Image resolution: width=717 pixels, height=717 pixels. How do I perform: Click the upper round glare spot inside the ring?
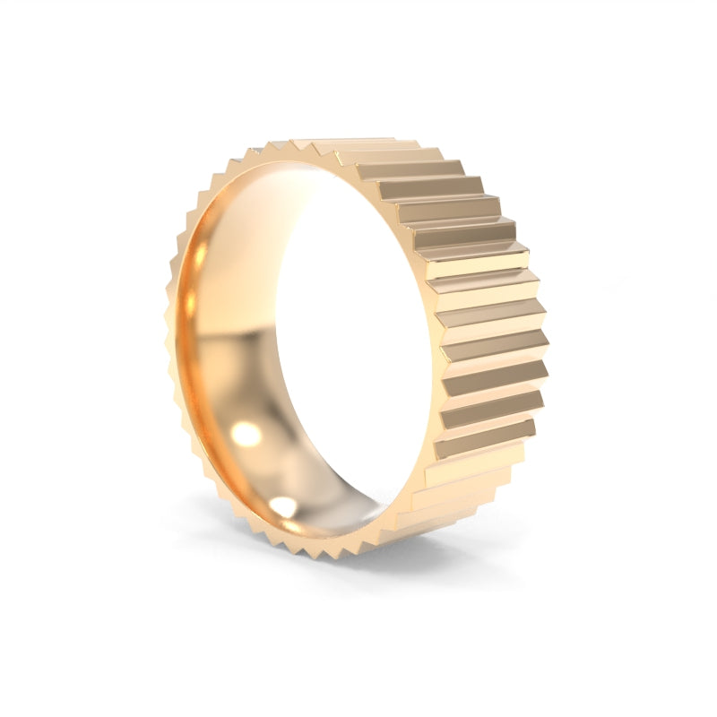pyautogui.click(x=246, y=435)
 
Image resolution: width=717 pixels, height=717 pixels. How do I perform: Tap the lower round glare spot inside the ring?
pyautogui.click(x=282, y=506)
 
